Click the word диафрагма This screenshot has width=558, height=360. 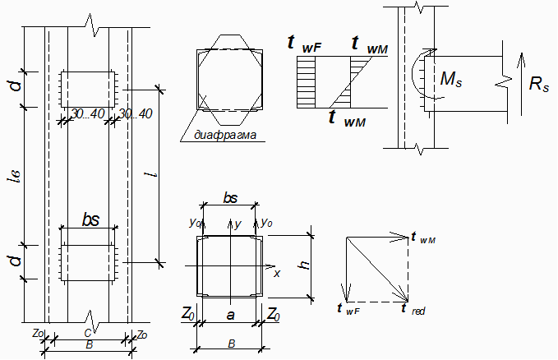(225, 135)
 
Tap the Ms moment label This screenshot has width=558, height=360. (451, 79)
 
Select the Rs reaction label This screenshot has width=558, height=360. (539, 84)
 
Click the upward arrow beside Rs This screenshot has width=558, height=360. (521, 84)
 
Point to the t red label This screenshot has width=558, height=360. (413, 309)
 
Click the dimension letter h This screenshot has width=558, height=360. (305, 265)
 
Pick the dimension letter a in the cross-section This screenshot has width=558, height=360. (231, 315)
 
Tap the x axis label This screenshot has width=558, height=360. (277, 274)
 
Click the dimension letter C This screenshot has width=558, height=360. (88, 333)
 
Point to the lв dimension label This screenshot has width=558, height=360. (15, 176)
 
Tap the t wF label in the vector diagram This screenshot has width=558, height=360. (348, 309)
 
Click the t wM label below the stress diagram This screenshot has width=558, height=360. (348, 118)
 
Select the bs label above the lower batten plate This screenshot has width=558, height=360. (90, 219)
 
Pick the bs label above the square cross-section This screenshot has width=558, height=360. (230, 197)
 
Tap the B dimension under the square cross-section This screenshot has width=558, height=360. (231, 344)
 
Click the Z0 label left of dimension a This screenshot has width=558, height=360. (188, 314)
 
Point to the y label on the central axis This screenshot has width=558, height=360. (238, 224)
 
